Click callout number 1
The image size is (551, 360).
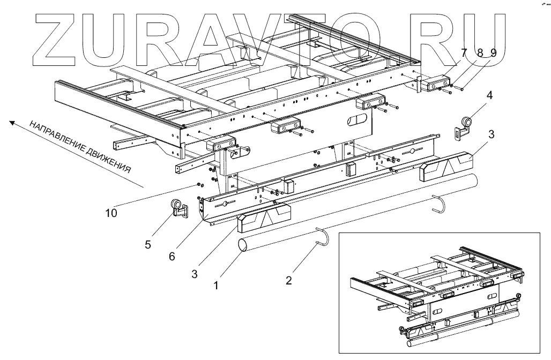point(215,286)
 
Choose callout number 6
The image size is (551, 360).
point(172,256)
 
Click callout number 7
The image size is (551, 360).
point(464,52)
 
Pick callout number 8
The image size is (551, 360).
point(480,52)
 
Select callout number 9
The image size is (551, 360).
point(493,52)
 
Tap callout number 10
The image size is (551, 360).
point(111,213)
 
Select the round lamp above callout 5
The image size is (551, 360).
point(176,205)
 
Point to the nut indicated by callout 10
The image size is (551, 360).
point(199,185)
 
